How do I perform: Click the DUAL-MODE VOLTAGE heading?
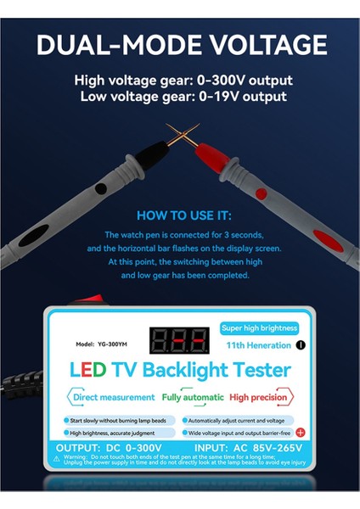tap(181, 44)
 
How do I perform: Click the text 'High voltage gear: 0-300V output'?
tap(183, 81)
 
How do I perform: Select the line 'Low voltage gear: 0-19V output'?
tap(183, 97)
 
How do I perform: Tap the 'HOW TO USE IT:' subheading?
tap(183, 215)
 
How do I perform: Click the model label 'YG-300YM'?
tap(97, 344)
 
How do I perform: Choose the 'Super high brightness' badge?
tap(259, 327)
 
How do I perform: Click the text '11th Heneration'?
tap(260, 346)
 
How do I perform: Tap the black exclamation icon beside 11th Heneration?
tap(300, 346)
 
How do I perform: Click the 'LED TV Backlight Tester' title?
tap(180, 370)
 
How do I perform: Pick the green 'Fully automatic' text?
tap(193, 397)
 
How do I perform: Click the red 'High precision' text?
tap(258, 397)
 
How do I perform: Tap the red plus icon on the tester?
tap(299, 432)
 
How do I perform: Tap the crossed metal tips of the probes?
tap(180, 134)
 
